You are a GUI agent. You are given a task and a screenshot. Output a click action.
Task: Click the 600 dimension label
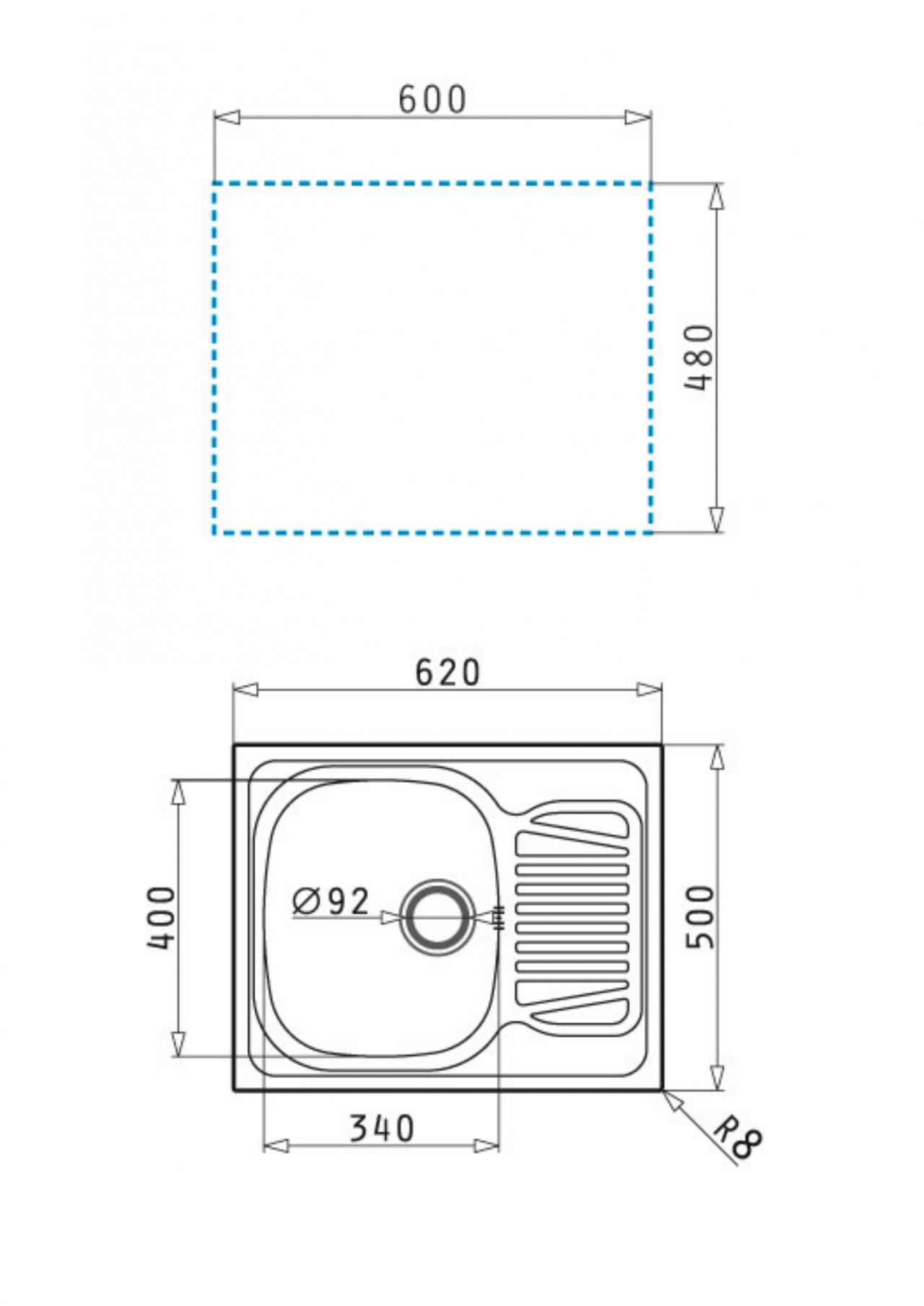432,100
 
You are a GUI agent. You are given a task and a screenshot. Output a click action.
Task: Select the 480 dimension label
699,358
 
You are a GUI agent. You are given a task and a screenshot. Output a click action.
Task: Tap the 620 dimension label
447,672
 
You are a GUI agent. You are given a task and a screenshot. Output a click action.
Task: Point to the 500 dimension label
699,917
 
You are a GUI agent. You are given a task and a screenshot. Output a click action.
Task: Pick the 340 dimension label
382,1128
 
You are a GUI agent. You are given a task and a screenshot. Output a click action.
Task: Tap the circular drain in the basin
437,917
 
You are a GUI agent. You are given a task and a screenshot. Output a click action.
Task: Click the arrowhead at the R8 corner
672,1100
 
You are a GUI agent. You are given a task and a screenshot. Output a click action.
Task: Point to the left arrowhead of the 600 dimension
227,118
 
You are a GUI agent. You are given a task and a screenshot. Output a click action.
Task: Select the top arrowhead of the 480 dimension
716,196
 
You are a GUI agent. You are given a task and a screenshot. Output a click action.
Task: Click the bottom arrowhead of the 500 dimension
716,1077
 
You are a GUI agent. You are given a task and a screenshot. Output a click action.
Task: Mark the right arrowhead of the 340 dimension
487,1145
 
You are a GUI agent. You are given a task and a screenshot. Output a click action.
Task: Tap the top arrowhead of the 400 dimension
178,792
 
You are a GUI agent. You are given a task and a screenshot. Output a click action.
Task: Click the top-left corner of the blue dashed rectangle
214,184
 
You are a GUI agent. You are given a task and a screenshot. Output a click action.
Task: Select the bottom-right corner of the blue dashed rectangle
650,533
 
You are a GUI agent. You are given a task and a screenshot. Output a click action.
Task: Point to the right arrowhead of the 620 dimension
650,690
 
